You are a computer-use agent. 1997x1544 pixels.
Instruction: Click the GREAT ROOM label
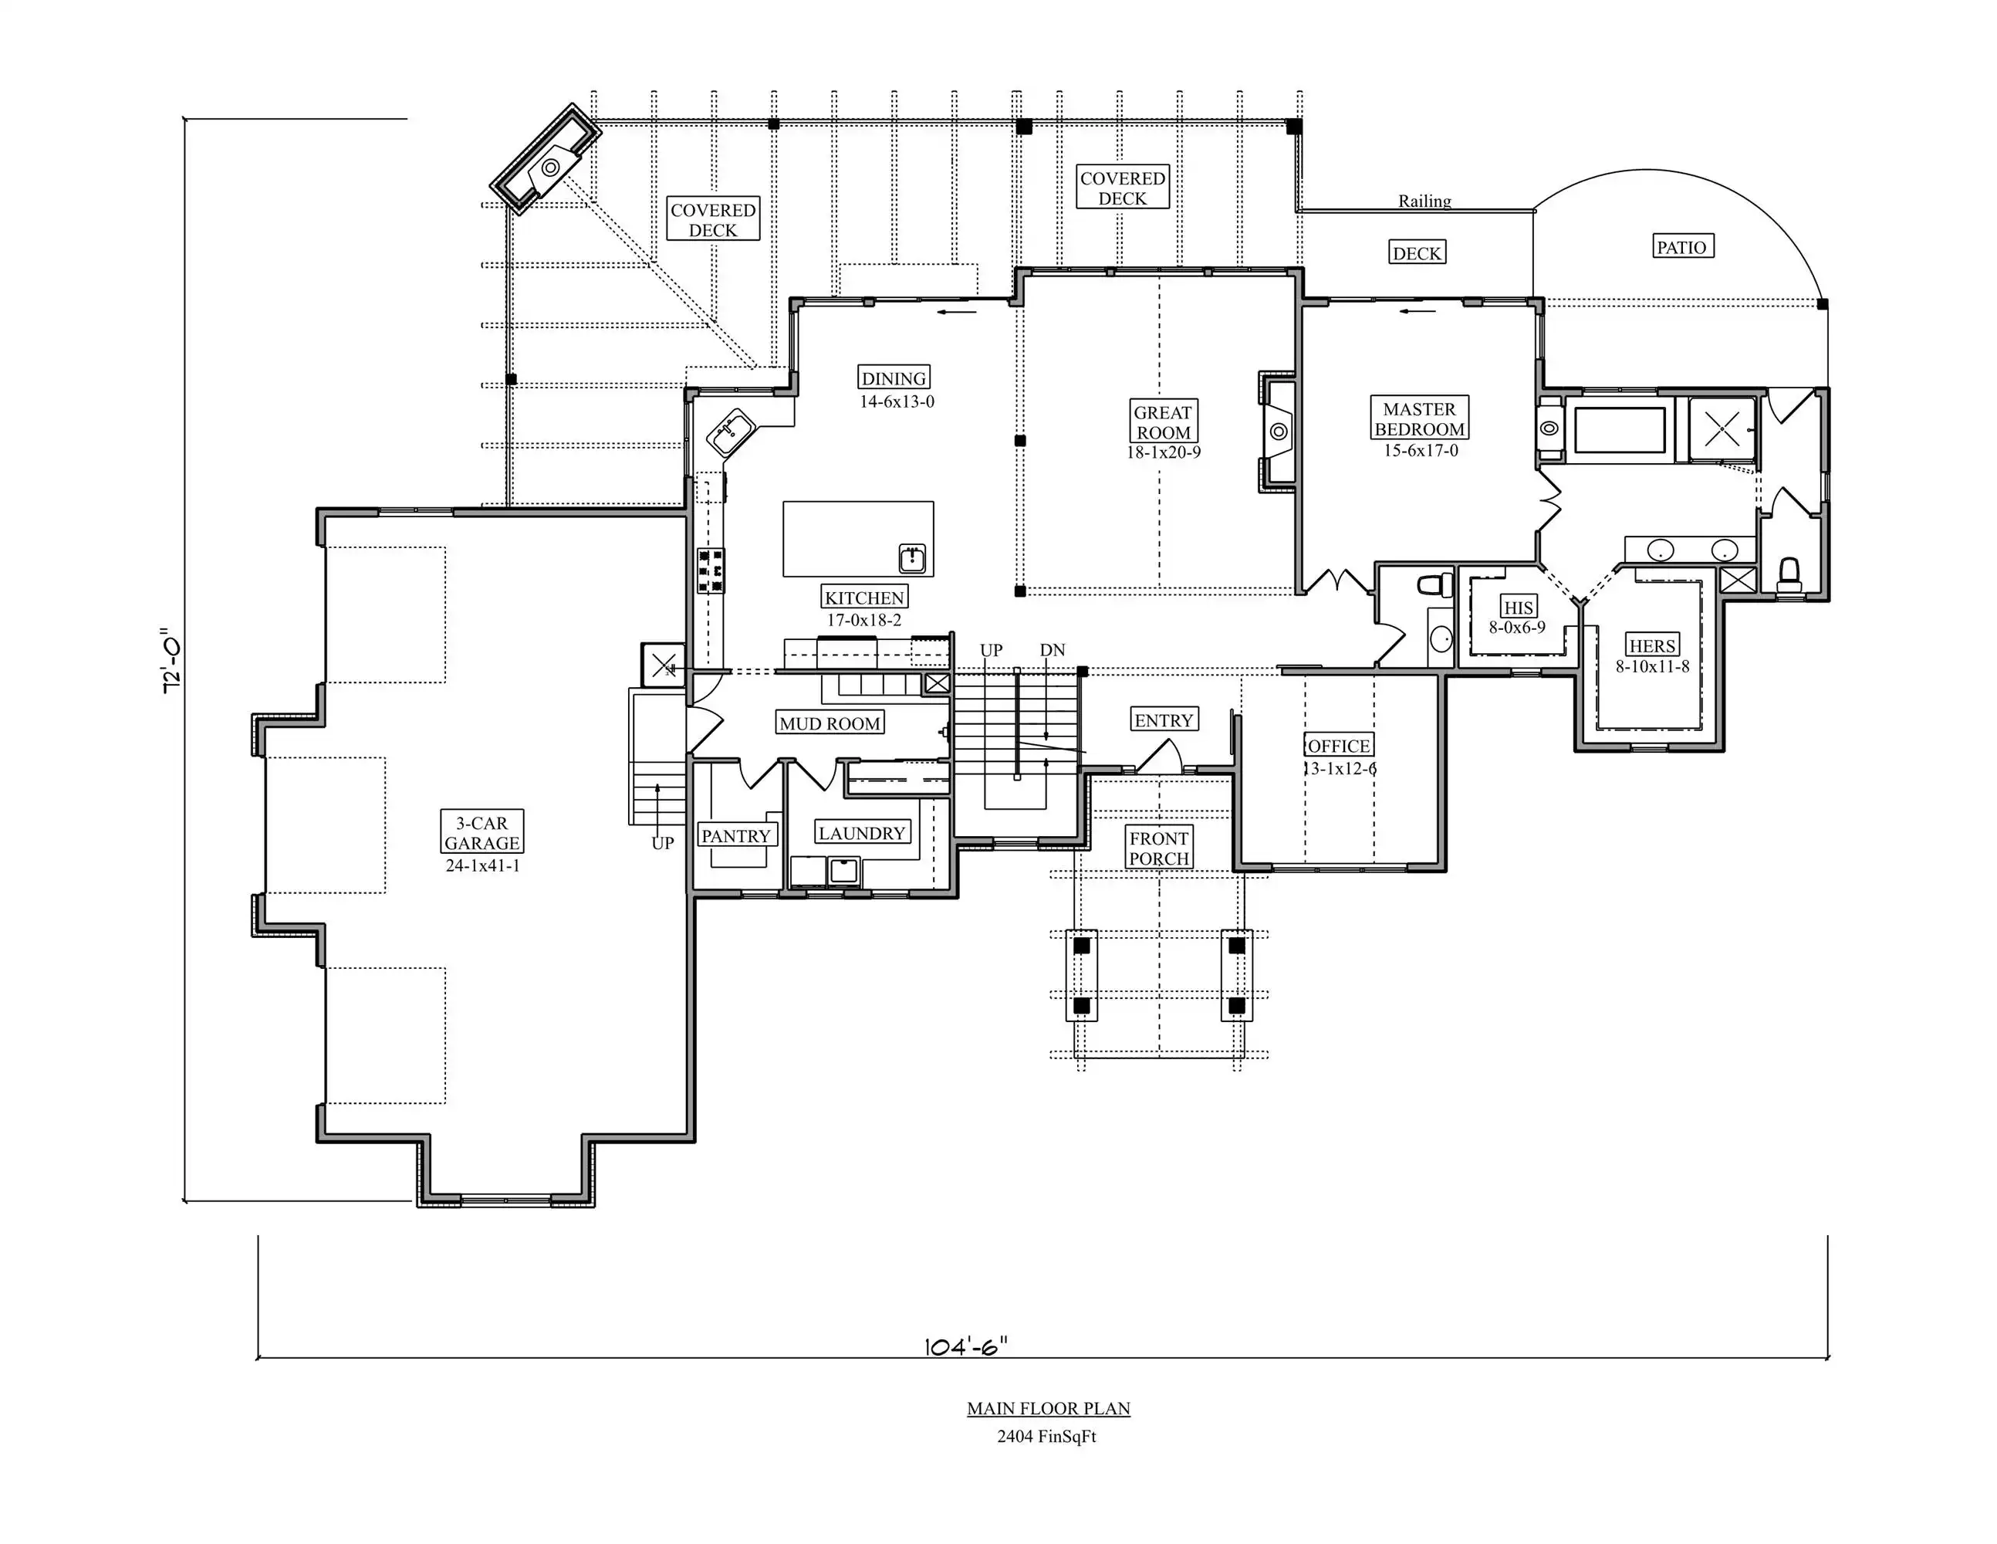coord(1163,422)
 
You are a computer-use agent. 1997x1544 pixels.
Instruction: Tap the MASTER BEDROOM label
coord(1419,419)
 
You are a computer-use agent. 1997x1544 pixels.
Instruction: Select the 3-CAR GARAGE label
coord(482,832)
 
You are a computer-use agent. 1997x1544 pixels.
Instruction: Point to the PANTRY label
coord(736,835)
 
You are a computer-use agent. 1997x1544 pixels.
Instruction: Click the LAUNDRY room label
coord(861,832)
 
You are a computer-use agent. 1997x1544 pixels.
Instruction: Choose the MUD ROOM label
coord(830,723)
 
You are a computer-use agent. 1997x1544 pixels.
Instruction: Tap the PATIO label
coord(1681,247)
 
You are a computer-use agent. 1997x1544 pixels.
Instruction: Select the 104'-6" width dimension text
coord(967,1346)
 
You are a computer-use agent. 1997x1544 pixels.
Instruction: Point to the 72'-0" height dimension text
coord(171,660)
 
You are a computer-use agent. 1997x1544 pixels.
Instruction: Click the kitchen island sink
coord(913,558)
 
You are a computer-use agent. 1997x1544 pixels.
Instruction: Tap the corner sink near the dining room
coord(730,432)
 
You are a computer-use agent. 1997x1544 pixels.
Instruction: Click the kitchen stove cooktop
coord(711,571)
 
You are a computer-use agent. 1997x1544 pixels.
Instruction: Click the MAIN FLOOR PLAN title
coord(1049,1409)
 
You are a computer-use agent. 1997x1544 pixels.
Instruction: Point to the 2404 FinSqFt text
coord(1047,1436)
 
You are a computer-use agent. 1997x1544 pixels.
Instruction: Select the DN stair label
coord(1053,649)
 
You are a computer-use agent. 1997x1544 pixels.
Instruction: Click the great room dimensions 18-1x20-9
coord(1163,452)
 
